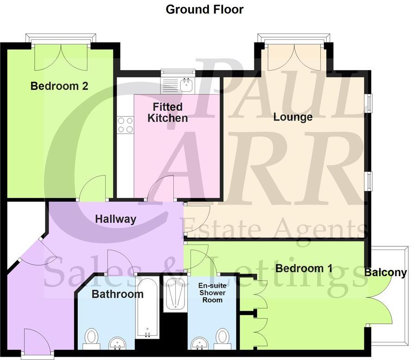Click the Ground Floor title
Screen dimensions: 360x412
point(204,9)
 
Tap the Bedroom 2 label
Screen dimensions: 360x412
point(59,86)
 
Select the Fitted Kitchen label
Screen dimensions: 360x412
point(168,113)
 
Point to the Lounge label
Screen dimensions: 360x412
point(292,117)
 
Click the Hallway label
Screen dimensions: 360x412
point(116,219)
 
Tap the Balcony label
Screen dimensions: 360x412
point(386,273)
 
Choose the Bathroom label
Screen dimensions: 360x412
point(117,294)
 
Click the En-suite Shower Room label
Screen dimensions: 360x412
point(212,292)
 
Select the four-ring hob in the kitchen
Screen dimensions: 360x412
point(125,124)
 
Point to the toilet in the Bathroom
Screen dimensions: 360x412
point(92,338)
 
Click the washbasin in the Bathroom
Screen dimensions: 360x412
point(118,344)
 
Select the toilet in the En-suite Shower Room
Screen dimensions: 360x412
point(223,337)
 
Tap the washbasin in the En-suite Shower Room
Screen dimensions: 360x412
point(201,344)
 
